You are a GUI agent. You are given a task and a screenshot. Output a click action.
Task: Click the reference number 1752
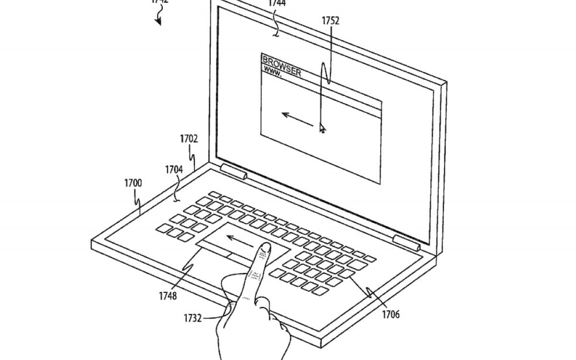pos(331,21)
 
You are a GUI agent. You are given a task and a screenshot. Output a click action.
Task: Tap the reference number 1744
pos(276,3)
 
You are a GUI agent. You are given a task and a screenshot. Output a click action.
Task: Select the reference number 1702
pos(189,139)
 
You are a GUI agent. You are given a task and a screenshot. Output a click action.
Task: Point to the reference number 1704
pos(173,170)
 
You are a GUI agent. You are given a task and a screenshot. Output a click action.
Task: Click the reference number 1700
pos(133,183)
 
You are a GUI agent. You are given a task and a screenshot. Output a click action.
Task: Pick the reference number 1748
pos(168,296)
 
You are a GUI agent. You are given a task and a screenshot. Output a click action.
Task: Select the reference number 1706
pos(390,315)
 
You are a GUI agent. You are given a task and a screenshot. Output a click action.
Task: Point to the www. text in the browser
pos(273,73)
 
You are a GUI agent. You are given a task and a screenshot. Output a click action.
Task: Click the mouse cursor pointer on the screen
pos(322,128)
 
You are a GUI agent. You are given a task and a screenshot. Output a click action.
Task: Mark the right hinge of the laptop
pos(406,242)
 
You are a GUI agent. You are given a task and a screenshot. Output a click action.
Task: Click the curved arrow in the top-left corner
pos(158,18)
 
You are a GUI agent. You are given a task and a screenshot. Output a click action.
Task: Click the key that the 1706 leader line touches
pos(347,274)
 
